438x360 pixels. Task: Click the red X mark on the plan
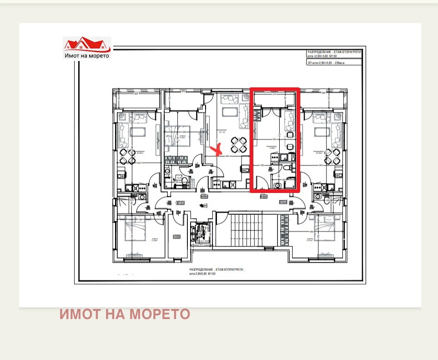pyautogui.click(x=218, y=150)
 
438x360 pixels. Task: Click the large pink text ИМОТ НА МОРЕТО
pyautogui.click(x=125, y=314)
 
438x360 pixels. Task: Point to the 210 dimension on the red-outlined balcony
pyautogui.click(x=274, y=96)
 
